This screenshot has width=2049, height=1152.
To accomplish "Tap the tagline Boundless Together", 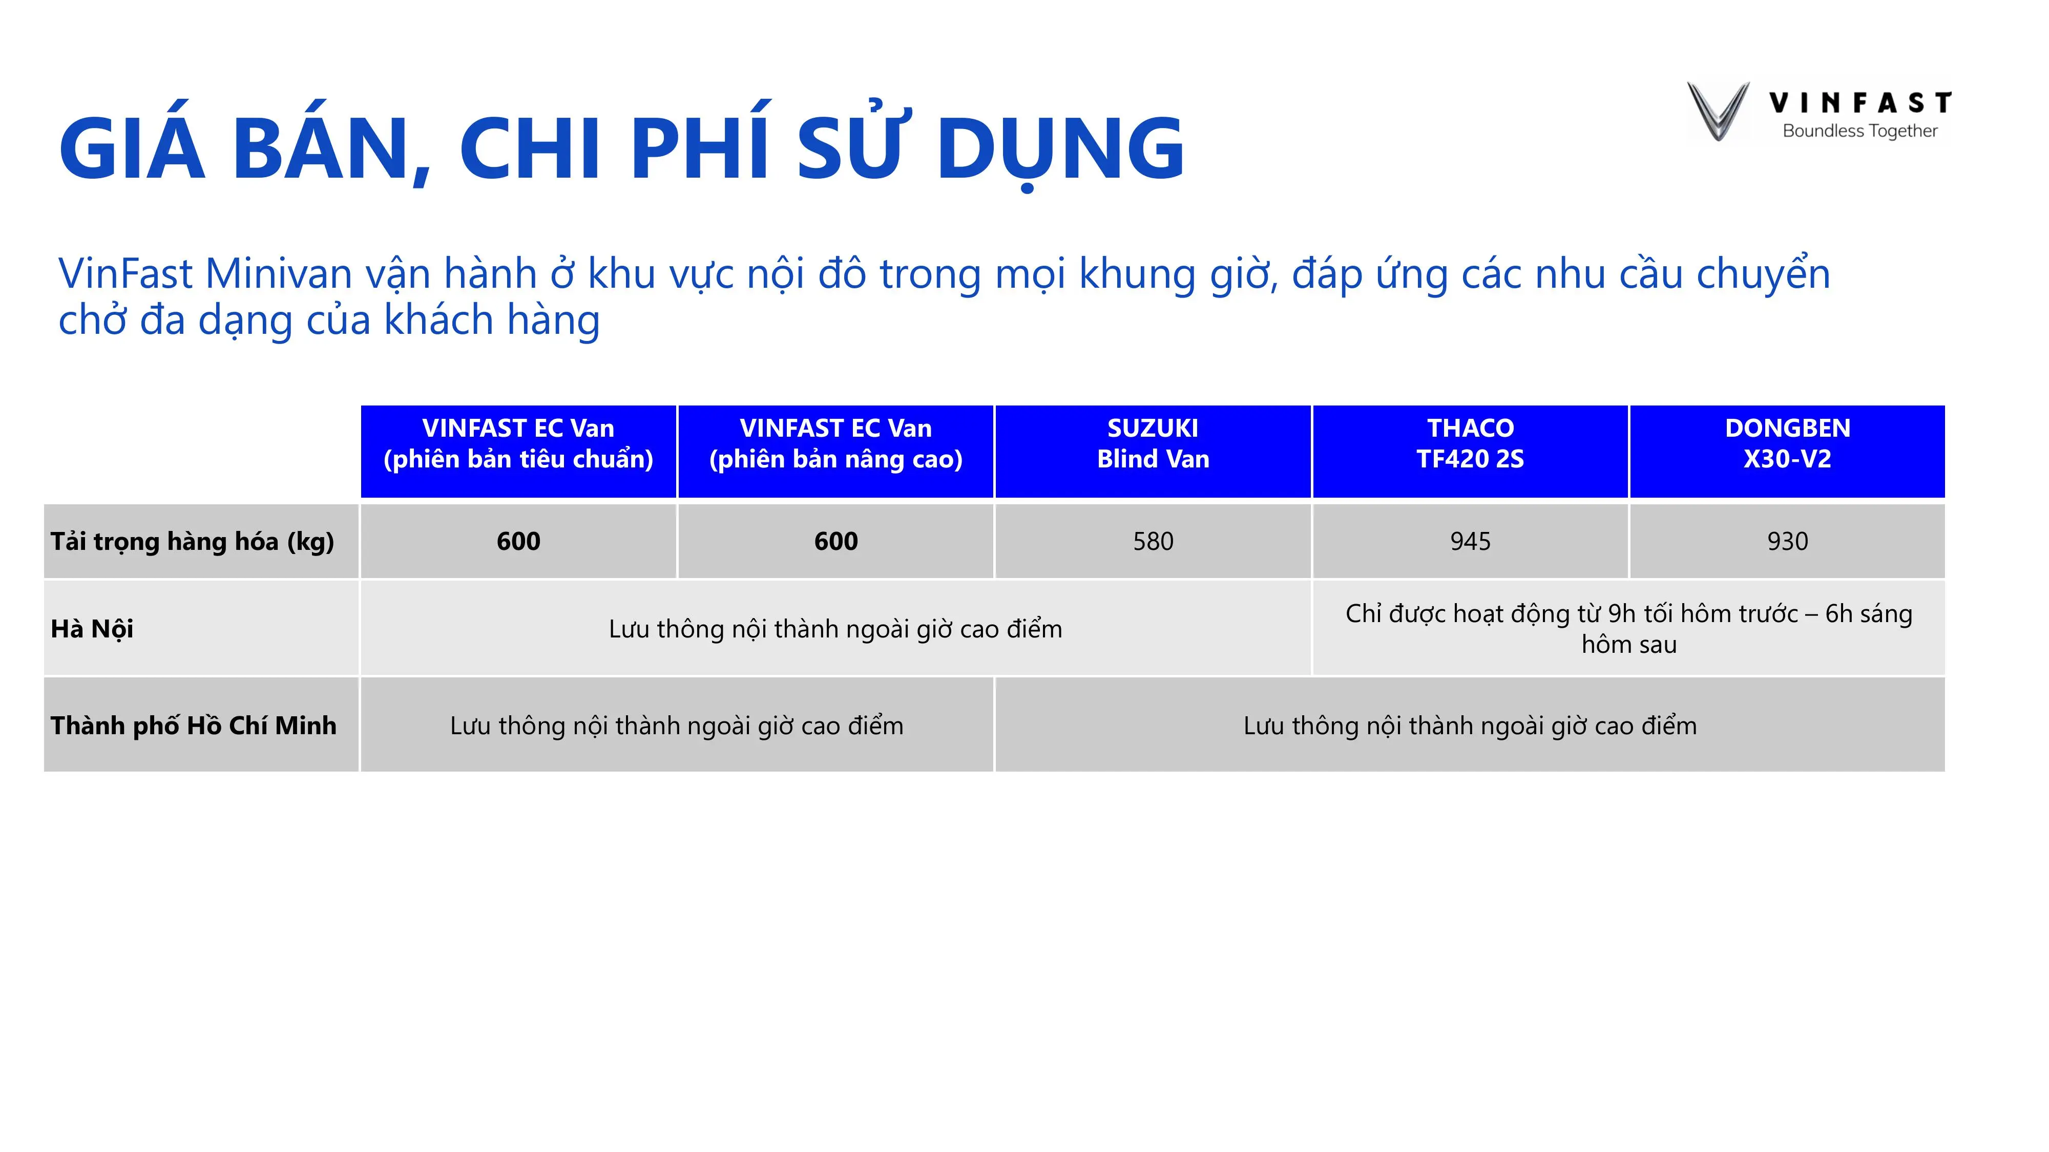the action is pos(1859,131).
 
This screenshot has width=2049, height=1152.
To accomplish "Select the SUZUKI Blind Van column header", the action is pos(1153,443).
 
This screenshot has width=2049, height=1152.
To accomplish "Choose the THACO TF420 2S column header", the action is pos(1470,443).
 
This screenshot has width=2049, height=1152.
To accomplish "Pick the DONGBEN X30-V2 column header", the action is pos(1787,443).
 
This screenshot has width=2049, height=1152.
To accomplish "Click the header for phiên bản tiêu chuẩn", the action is pos(518,443).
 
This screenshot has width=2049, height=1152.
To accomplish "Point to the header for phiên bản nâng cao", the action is pos(835,443).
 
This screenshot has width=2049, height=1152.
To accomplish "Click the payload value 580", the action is pos(1153,541).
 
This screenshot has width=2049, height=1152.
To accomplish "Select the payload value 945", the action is pos(1470,541).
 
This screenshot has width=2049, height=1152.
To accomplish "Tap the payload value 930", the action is pos(1787,541).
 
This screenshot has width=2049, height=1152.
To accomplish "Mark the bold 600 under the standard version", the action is pos(518,541).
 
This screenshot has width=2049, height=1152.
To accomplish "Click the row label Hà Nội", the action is pos(92,629).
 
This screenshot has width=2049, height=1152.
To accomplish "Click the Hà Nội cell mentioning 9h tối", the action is pos(1628,628).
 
